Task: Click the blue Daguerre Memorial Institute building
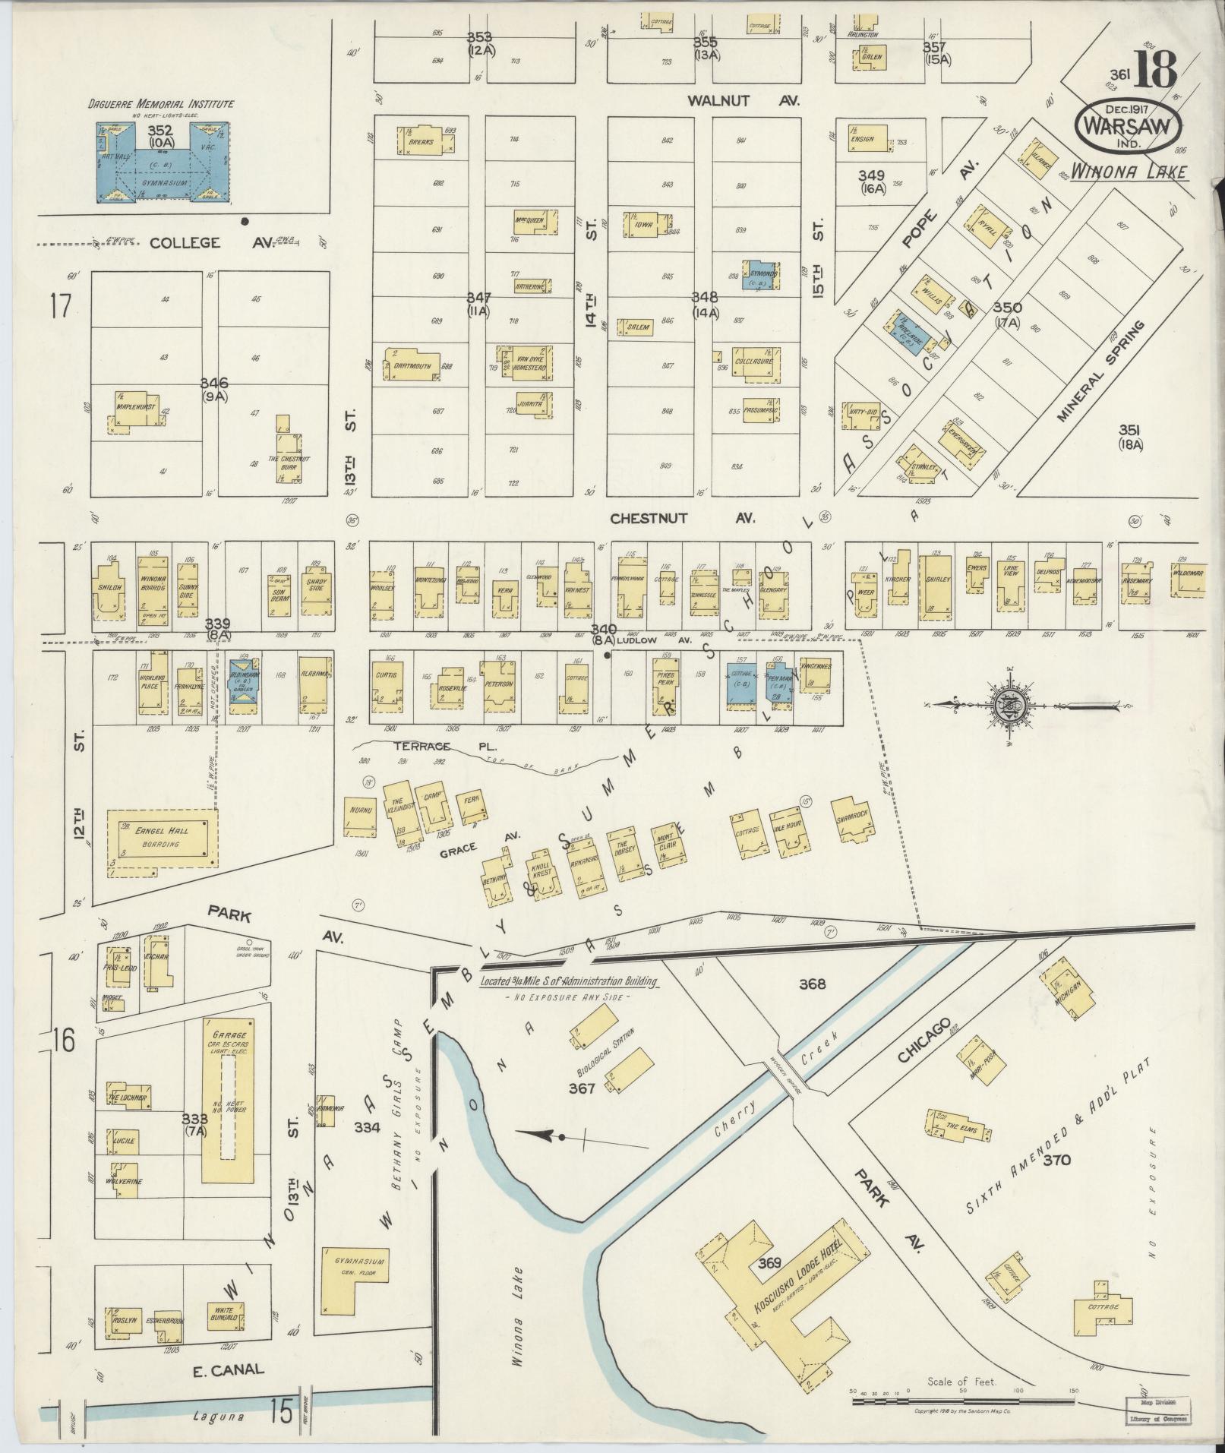[x=164, y=163]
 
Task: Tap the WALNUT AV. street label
[x=744, y=99]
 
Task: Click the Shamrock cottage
[x=851, y=819]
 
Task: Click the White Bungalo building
[x=226, y=1317]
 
